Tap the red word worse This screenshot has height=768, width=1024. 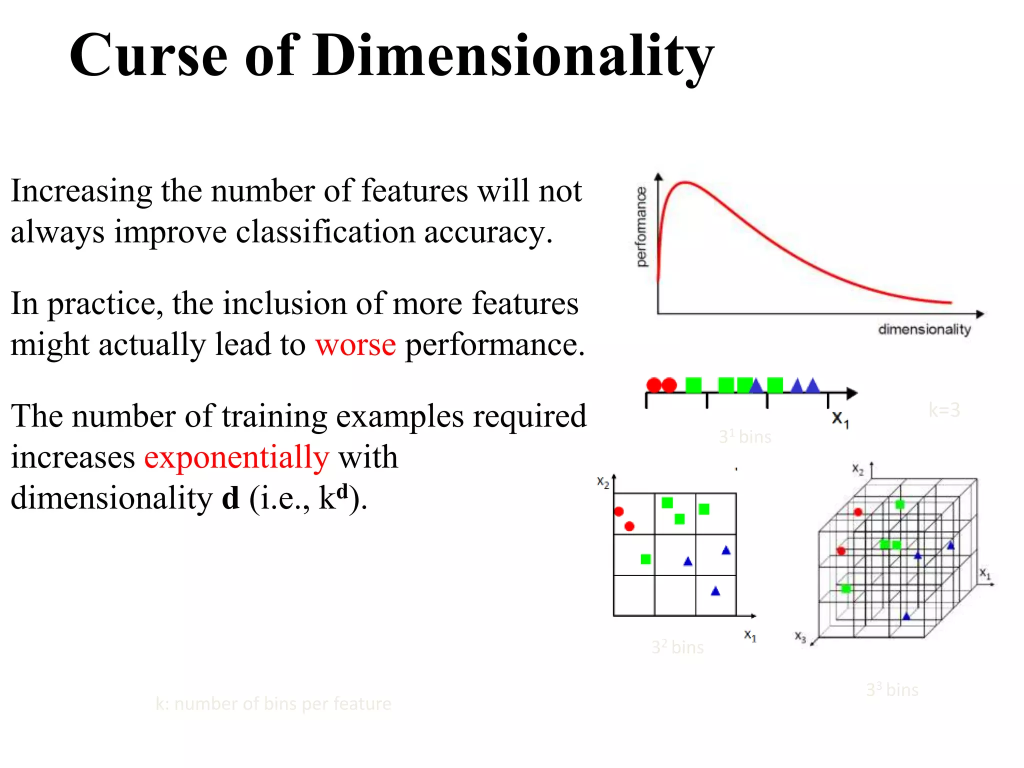click(355, 344)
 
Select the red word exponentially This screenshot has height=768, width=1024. click(236, 457)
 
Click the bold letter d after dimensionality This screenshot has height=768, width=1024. click(230, 498)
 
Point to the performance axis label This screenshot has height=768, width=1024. click(641, 226)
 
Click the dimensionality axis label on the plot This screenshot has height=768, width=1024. click(924, 329)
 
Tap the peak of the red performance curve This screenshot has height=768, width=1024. click(685, 183)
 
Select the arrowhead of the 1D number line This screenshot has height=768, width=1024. click(852, 393)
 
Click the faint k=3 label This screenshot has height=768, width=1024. click(944, 410)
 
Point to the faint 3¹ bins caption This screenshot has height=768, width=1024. click(745, 437)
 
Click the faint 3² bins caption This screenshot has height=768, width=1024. click(677, 647)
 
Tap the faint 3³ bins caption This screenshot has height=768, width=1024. click(892, 690)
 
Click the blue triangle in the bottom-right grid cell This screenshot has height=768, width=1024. click(715, 591)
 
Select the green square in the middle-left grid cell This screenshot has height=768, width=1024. click(645, 559)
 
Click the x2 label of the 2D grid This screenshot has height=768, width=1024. click(603, 482)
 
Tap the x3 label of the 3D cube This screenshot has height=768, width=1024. click(800, 636)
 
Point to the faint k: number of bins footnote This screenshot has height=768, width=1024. click(273, 704)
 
